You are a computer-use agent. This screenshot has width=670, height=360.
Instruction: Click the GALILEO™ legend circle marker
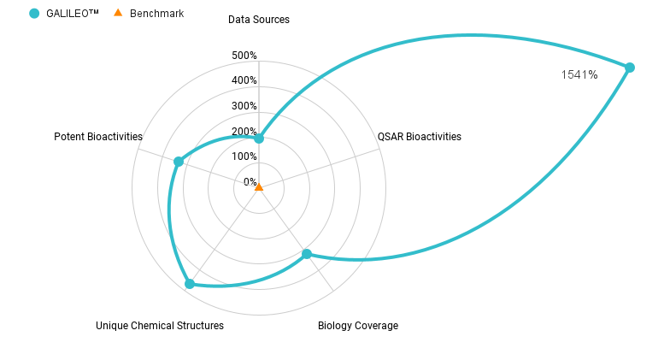34,14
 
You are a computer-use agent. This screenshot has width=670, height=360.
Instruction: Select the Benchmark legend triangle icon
118,13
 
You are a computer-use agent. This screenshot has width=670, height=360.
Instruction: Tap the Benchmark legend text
156,14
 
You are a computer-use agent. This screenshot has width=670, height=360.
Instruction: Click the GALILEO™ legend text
73,14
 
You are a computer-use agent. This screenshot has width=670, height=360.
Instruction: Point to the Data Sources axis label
258,19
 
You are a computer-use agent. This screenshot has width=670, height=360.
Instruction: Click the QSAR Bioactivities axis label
419,137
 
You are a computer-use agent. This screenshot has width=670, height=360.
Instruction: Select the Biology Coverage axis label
357,326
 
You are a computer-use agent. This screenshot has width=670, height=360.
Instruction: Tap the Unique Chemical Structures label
160,326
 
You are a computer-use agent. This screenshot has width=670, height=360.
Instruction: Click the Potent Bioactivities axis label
98,137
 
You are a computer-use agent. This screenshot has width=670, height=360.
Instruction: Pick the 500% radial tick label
244,56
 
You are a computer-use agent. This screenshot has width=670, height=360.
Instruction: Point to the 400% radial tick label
244,80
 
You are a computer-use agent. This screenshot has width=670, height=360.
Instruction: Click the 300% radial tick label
244,106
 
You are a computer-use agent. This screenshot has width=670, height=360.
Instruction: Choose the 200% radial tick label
244,132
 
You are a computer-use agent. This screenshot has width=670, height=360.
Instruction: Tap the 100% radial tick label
244,156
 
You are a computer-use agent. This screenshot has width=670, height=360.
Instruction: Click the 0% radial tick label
250,182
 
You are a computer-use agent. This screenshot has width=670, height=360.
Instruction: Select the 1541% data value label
579,75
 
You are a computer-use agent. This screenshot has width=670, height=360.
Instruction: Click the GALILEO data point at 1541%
630,68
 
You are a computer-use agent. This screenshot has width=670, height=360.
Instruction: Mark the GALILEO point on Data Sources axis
259,139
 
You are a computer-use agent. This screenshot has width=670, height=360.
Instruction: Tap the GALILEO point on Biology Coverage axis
307,254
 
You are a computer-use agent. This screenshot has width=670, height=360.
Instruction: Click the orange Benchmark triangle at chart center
259,186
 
